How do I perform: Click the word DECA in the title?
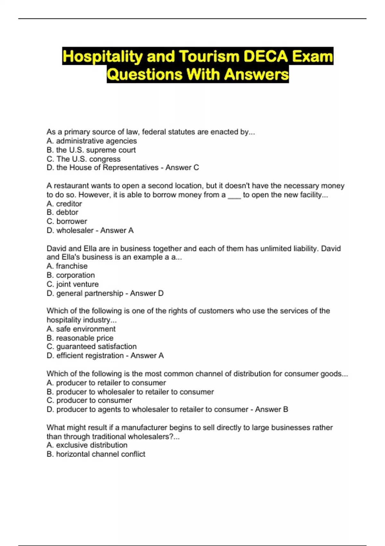pyautogui.click(x=266, y=56)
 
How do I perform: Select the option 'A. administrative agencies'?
pyautogui.click(x=92, y=141)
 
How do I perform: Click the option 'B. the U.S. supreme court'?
pyautogui.click(x=91, y=150)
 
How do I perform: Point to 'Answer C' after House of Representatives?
pyautogui.click(x=182, y=168)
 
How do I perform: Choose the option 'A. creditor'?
pyautogui.click(x=64, y=204)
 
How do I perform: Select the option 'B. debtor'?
pyautogui.click(x=63, y=212)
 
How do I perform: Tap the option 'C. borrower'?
pyautogui.click(x=67, y=221)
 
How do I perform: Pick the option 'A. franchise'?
pyautogui.click(x=67, y=266)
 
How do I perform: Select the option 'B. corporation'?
pyautogui.click(x=71, y=275)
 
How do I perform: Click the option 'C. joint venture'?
pyautogui.click(x=73, y=284)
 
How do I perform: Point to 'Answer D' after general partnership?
pyautogui.click(x=147, y=293)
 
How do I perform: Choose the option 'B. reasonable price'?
pyautogui.click(x=80, y=338)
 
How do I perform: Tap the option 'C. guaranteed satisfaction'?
pyautogui.click(x=91, y=347)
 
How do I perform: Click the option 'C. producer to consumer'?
pyautogui.click(x=89, y=401)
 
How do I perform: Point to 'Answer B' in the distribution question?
pyautogui.click(x=271, y=409)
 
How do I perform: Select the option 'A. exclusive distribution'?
pyautogui.click(x=87, y=445)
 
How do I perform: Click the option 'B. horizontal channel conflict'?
pyautogui.click(x=96, y=454)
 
